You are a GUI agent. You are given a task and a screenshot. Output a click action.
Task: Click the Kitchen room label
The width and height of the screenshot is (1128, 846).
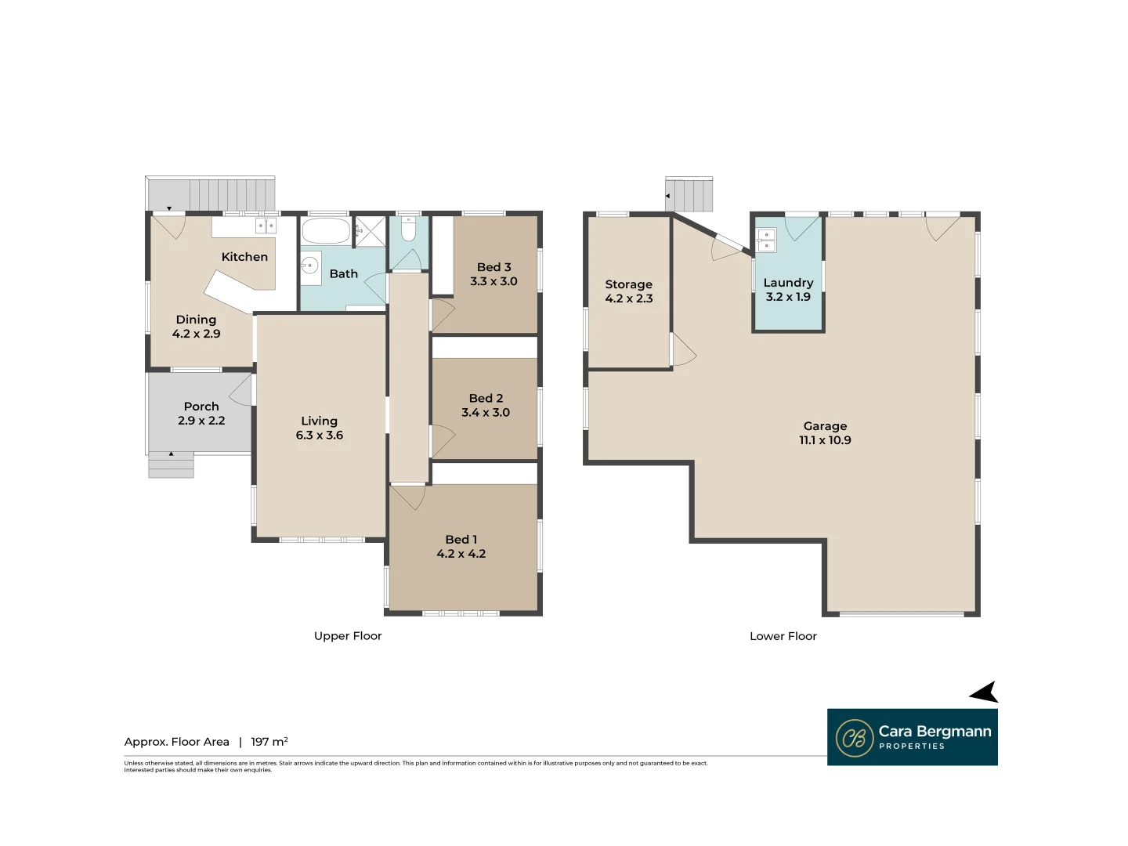coord(244,257)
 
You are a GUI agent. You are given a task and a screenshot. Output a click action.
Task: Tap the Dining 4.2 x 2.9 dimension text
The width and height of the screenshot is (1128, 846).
coord(196,334)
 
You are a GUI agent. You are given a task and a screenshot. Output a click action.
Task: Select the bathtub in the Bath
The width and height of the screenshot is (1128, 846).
coord(326,231)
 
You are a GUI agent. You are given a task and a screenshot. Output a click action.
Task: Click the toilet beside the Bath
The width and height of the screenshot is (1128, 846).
coord(408,230)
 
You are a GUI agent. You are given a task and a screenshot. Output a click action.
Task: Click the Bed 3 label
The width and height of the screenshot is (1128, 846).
coord(493,267)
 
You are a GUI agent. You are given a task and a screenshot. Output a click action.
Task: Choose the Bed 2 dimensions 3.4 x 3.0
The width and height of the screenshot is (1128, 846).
coord(486,413)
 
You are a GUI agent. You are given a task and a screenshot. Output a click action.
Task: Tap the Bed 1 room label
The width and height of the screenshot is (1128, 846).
coord(461,540)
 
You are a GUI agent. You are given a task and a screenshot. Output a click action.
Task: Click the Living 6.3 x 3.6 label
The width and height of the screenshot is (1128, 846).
coord(319,428)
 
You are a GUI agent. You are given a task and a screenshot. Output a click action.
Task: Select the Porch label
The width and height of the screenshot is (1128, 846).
coord(201,407)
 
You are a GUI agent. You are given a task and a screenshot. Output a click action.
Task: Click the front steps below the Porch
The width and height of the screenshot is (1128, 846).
coord(171,465)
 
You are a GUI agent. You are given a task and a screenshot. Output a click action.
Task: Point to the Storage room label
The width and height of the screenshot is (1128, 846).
coord(628,284)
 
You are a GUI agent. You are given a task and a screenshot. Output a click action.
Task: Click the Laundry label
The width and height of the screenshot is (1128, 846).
coord(788,283)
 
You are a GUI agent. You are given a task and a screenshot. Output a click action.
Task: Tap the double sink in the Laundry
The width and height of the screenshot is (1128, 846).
coord(766,240)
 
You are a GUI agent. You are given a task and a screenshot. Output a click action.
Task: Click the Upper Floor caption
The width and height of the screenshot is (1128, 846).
coord(348,636)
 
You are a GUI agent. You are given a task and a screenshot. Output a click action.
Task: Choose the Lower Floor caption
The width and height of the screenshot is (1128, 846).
coord(783,636)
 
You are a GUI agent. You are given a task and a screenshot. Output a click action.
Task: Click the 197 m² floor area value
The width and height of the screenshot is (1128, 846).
coord(269,742)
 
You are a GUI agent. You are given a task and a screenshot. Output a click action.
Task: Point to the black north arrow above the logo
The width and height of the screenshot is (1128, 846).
coord(985,692)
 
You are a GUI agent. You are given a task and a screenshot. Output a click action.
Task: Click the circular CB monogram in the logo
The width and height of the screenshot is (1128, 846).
coord(854,738)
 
